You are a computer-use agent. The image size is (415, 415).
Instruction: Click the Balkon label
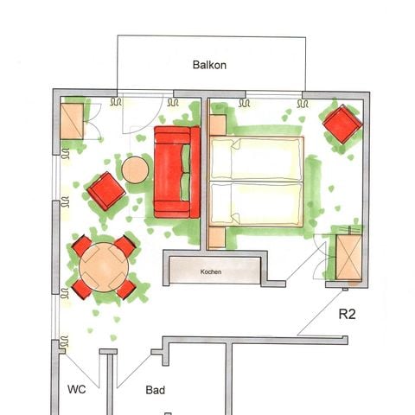tap(209, 64)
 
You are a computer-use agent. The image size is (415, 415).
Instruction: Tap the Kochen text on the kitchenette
tap(211, 272)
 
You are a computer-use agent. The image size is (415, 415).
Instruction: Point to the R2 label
tap(347, 315)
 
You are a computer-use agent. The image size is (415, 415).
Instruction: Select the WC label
tap(76, 390)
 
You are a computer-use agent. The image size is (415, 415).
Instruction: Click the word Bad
tap(156, 391)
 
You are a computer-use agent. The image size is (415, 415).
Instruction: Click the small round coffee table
tap(136, 169)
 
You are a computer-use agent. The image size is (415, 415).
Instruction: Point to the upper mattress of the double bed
tap(257, 159)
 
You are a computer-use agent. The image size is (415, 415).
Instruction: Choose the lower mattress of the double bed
tap(257, 203)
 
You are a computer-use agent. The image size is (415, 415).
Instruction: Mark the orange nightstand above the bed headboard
tap(217, 124)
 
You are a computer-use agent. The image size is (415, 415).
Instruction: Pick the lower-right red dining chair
tap(125, 289)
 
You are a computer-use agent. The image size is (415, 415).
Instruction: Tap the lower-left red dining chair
tap(81, 289)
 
